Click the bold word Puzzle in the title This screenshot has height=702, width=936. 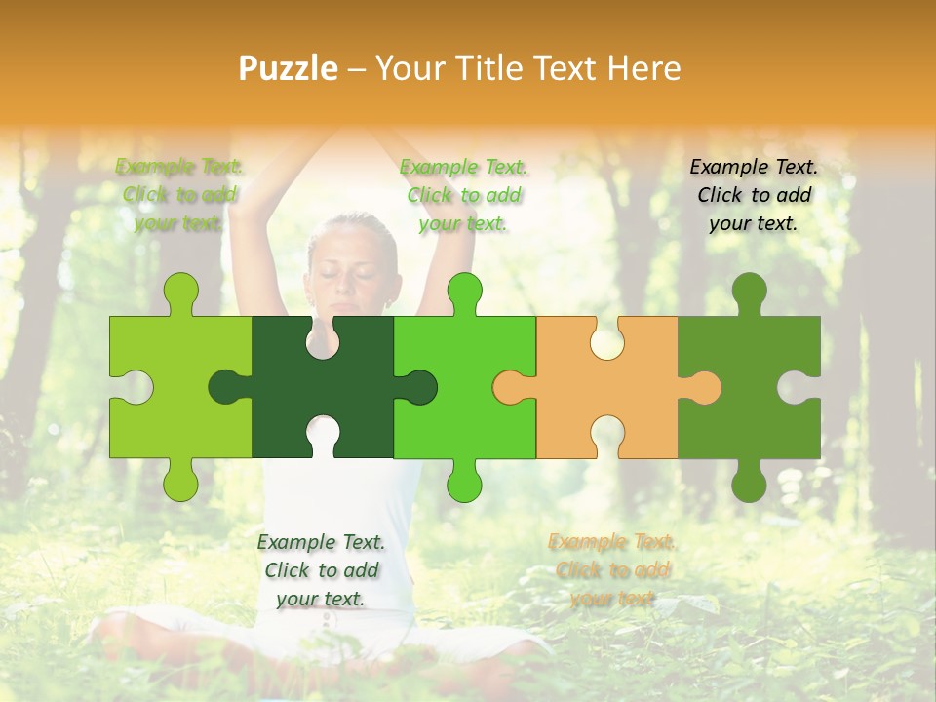[289, 68]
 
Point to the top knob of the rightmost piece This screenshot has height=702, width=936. [749, 292]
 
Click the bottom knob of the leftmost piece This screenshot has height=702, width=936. [180, 480]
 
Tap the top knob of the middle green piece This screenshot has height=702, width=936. [464, 292]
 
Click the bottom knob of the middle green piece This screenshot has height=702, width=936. [464, 480]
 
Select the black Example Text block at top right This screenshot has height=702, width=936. [754, 195]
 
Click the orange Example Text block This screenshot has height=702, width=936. [612, 570]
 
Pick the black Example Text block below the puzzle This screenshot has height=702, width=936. [321, 570]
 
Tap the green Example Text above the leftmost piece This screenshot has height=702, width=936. [179, 195]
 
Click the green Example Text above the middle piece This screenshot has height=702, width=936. [464, 195]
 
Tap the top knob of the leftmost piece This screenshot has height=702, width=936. [180, 292]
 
